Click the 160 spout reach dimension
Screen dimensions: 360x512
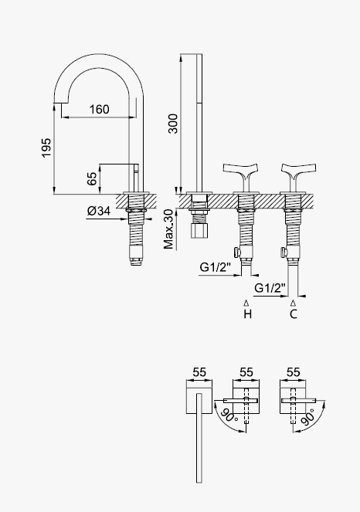(100, 110)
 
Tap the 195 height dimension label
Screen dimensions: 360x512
(46, 147)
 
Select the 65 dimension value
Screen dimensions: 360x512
(93, 178)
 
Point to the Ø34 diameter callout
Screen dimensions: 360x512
(99, 211)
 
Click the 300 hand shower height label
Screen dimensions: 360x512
(173, 124)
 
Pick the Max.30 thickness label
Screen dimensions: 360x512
(168, 229)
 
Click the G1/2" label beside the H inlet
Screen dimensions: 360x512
(216, 267)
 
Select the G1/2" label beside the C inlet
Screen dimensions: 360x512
(270, 288)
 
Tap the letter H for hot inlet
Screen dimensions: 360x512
(248, 314)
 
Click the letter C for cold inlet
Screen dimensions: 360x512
(294, 314)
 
